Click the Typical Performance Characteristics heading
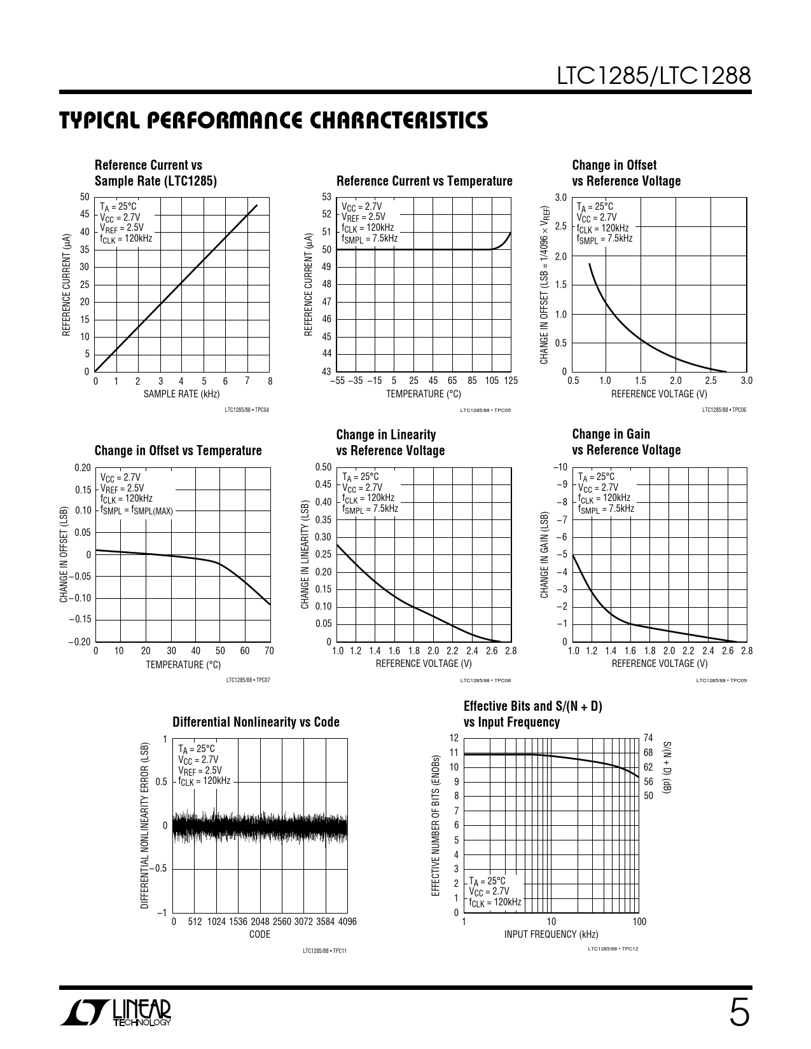click(274, 120)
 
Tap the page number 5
click(739, 1013)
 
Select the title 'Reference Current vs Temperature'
click(424, 181)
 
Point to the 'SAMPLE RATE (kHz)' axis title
click(181, 394)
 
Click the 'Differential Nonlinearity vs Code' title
click(256, 722)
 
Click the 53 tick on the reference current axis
click(327, 197)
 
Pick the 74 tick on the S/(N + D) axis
click(648, 738)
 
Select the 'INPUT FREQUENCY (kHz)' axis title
click(551, 934)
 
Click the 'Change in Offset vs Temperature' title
click(178, 451)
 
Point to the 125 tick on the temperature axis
click(511, 381)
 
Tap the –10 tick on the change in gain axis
click(560, 467)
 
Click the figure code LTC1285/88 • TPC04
click(247, 410)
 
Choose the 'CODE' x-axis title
click(260, 934)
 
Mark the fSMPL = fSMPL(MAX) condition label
click(136, 511)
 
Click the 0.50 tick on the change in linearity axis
click(324, 467)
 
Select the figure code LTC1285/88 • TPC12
click(613, 949)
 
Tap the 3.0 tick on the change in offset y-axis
click(560, 198)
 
